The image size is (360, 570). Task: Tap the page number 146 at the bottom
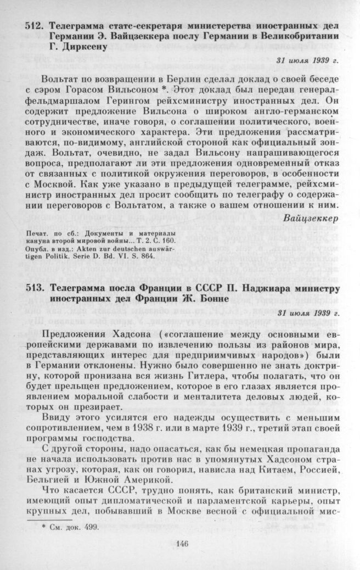tap(183, 544)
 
